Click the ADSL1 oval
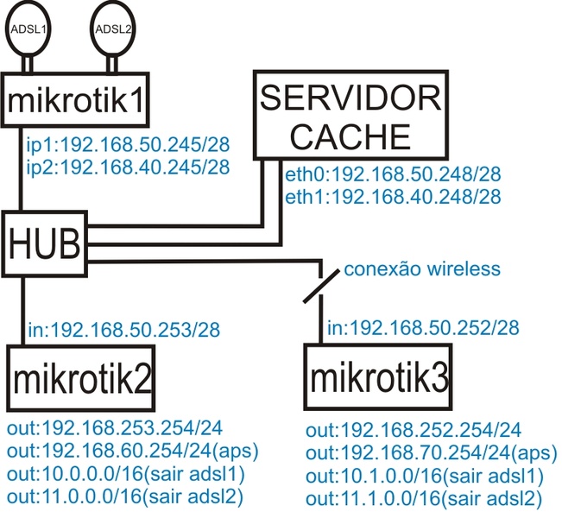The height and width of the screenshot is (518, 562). pyautogui.click(x=25, y=28)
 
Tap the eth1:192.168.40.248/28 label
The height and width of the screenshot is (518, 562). pyautogui.click(x=393, y=197)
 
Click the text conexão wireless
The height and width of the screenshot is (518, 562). pyautogui.click(x=422, y=269)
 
